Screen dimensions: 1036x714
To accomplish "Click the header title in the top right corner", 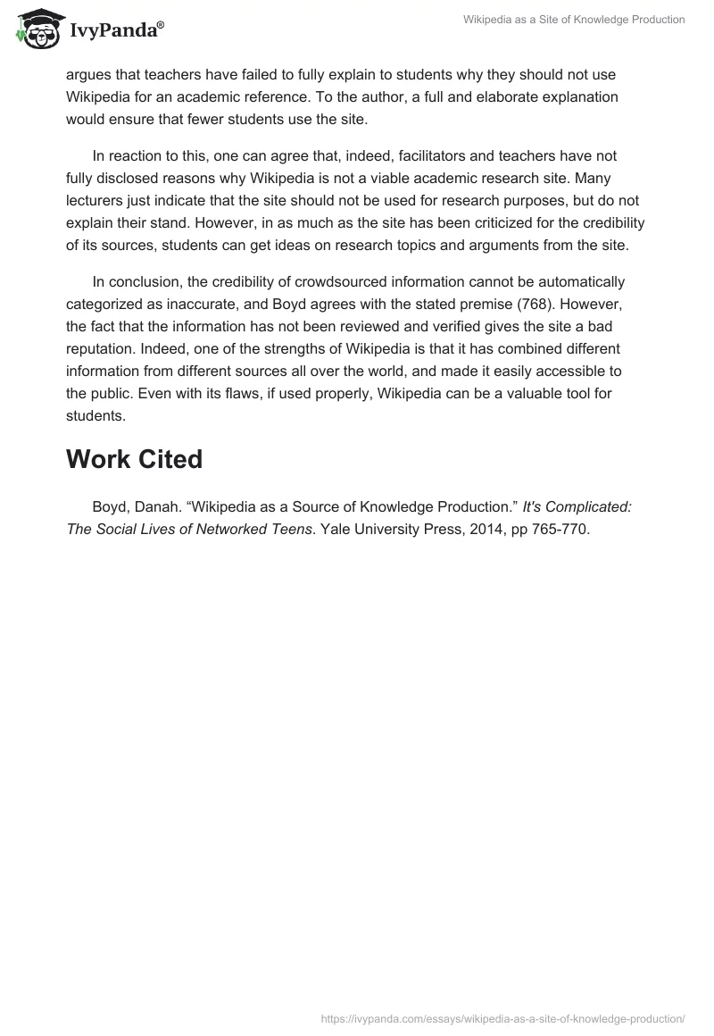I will click(574, 20).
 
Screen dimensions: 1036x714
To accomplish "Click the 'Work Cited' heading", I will click(135, 459).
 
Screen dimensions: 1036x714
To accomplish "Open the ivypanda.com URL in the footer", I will click(502, 1018).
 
